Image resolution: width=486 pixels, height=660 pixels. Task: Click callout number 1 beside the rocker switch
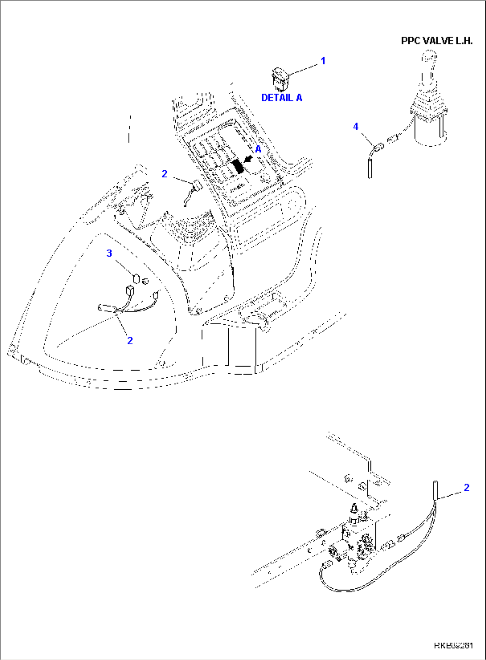[x=323, y=61]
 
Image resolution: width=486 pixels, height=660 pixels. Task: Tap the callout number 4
[x=355, y=126]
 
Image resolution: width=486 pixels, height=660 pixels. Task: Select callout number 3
[x=109, y=253]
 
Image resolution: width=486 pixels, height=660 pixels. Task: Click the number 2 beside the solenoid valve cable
[x=466, y=488]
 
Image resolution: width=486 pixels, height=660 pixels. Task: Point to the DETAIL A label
[x=281, y=98]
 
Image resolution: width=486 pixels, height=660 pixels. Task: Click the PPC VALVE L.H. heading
[x=437, y=41]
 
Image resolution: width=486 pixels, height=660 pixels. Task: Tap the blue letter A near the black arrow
[x=258, y=150]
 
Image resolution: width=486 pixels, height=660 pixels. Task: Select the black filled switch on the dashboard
[x=238, y=167]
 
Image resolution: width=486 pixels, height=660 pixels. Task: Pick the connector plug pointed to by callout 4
[x=377, y=147]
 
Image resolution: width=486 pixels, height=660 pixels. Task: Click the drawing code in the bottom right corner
[x=453, y=645]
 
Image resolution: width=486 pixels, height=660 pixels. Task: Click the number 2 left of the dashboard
[x=165, y=174]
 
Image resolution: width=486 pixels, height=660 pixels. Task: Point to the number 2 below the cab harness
[x=130, y=341]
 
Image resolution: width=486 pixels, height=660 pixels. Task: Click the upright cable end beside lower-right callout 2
[x=436, y=490]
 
